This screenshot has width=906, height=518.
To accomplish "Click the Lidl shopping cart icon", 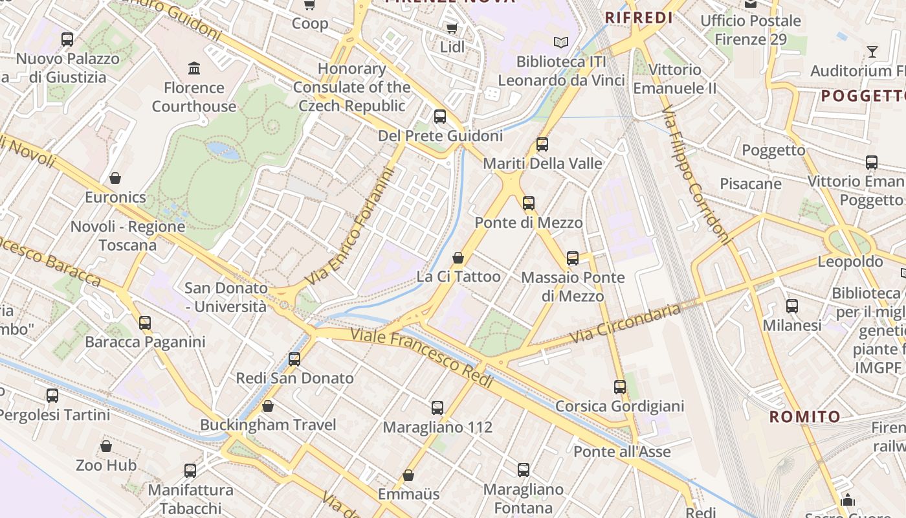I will [452, 28].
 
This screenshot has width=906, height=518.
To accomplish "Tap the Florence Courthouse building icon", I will [193, 68].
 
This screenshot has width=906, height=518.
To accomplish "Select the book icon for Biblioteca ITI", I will [561, 42].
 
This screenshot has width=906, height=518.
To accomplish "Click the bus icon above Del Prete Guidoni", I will [440, 117].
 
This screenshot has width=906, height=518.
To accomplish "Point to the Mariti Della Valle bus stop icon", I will [542, 144].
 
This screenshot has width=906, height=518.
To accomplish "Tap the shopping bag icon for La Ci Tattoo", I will [458, 258].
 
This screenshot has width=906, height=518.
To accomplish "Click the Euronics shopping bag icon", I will [115, 177].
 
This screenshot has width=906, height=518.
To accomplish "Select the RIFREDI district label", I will [639, 18].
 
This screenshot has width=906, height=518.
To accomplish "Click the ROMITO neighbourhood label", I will [804, 417].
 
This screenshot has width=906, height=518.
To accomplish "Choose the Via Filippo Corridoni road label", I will [696, 175].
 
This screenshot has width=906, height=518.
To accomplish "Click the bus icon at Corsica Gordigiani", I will [620, 387].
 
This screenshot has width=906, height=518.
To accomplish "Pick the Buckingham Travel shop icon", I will [268, 406].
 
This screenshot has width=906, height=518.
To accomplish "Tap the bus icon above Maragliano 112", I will [437, 408].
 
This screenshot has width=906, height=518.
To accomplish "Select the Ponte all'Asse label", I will [622, 451].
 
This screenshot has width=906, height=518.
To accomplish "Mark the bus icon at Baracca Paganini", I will [145, 322].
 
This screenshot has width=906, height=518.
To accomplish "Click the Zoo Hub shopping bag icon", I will [106, 446].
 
